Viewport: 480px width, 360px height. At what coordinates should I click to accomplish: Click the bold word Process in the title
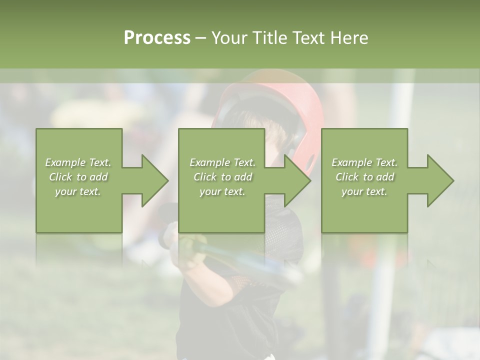[157, 38]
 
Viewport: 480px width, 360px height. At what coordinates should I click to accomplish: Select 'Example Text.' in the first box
[78, 162]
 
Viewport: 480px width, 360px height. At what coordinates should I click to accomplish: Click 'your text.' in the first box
[78, 191]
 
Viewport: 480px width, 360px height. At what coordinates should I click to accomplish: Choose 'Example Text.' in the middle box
[222, 162]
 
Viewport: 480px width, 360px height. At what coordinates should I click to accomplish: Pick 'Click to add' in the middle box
[222, 177]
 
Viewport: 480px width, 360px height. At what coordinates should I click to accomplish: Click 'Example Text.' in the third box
[364, 162]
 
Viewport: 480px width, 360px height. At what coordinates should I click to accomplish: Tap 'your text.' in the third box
[364, 191]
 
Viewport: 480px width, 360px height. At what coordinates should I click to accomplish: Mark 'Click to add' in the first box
[78, 177]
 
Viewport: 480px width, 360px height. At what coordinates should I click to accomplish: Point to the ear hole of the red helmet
[311, 161]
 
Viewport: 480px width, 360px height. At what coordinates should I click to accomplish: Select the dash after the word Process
[201, 38]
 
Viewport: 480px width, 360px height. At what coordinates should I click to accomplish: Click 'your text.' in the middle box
[222, 191]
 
